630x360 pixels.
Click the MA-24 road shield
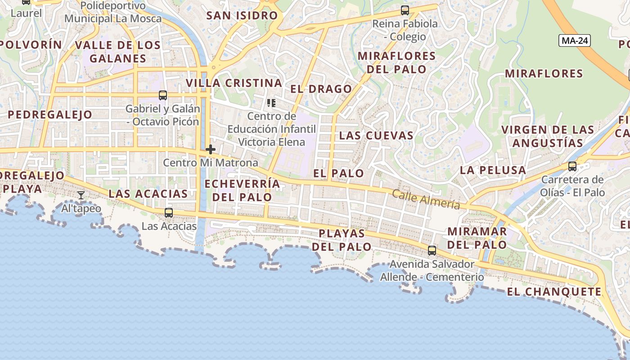[x=575, y=40]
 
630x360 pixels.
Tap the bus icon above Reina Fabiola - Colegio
[x=405, y=10]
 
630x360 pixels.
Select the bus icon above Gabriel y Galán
[x=163, y=95]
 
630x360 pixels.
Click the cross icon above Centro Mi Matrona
[x=211, y=149]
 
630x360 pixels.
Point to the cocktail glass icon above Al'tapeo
[x=81, y=195]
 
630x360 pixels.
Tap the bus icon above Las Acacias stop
[x=169, y=213]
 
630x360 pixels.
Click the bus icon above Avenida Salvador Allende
[x=432, y=251]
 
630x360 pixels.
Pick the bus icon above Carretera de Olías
[x=572, y=166]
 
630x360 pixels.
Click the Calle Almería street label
[x=426, y=199]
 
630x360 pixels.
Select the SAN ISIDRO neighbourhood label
[x=242, y=16]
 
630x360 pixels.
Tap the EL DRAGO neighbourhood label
[x=321, y=89]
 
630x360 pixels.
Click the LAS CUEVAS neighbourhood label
[x=376, y=135]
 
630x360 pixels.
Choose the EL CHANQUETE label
[x=554, y=292]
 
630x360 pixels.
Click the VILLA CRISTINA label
[x=234, y=83]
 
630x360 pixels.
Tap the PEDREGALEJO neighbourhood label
[x=50, y=115]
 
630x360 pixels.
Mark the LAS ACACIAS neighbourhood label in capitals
[x=148, y=194]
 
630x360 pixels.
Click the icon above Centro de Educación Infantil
[x=271, y=103]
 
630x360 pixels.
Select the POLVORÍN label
[x=31, y=45]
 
